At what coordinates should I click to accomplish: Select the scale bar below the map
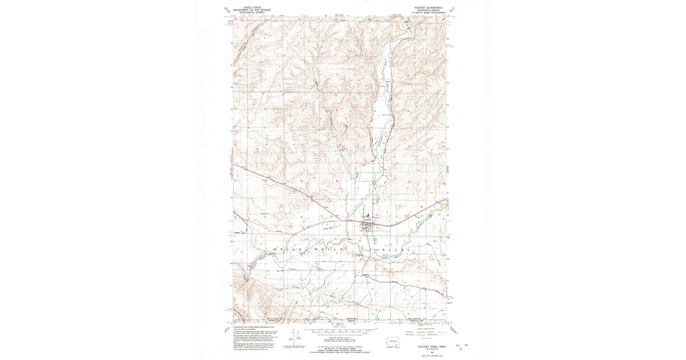(342, 330)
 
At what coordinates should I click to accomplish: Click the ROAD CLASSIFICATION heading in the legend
(422, 329)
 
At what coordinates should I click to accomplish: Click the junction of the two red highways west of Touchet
(342, 218)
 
